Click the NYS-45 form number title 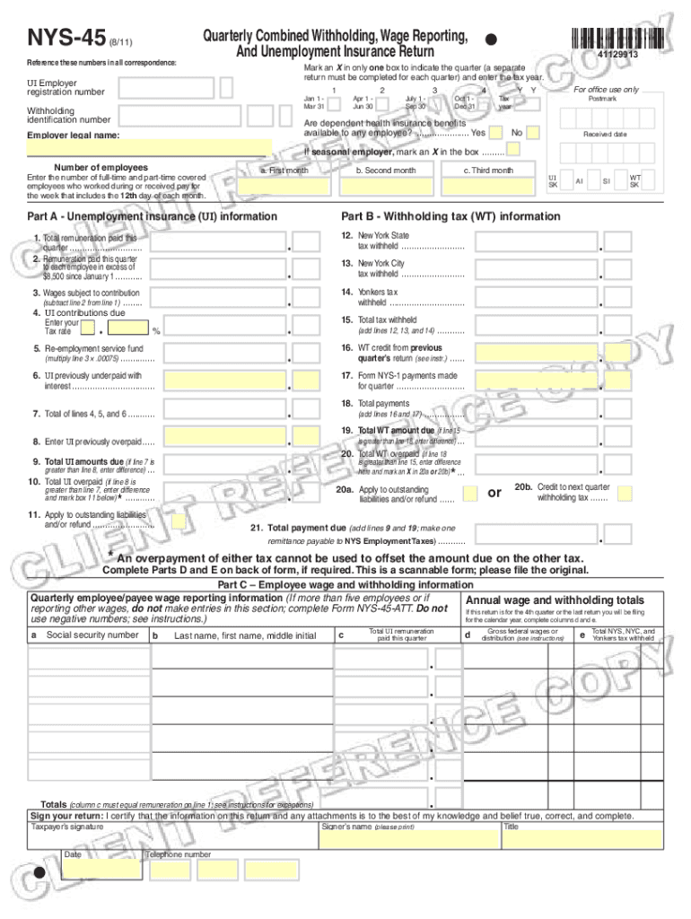pos(66,39)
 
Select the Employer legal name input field pos(149,148)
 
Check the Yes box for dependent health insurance pos(495,133)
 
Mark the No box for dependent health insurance pos(533,133)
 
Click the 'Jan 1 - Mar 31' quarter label pos(314,101)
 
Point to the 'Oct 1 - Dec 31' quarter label pos(465,101)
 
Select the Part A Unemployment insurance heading pos(152,216)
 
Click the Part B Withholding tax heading pos(450,216)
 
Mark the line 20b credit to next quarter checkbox pos(625,493)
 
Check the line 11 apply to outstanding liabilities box pos(179,521)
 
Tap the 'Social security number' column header pos(92,635)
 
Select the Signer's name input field pos(409,838)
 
